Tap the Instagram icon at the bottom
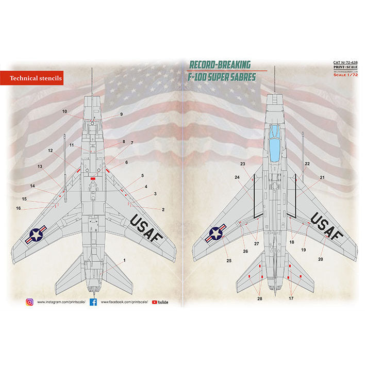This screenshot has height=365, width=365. (x=30, y=302)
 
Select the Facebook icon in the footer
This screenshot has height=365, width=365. (x=93, y=302)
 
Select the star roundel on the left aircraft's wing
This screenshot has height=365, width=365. (x=36, y=236)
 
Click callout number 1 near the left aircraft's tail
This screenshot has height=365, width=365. (x=124, y=261)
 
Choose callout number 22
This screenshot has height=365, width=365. (x=307, y=163)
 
